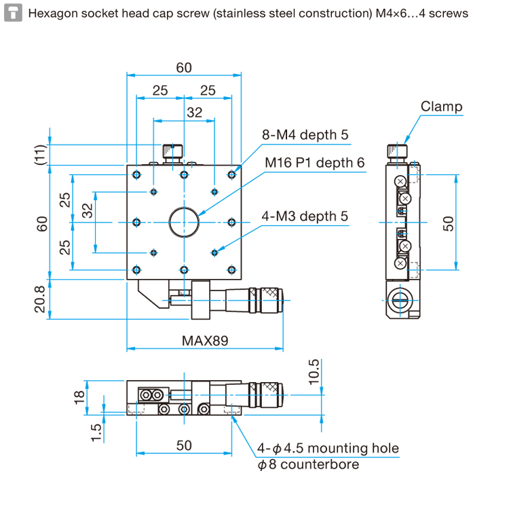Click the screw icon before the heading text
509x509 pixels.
(x=13, y=13)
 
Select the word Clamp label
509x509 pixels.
(x=442, y=107)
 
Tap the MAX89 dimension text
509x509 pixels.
(x=205, y=341)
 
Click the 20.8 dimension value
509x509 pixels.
(x=40, y=299)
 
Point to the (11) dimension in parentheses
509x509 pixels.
(x=41, y=155)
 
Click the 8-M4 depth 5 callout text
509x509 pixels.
(x=305, y=135)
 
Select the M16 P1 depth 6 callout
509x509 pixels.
(x=314, y=163)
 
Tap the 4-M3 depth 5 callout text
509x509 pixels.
(x=305, y=216)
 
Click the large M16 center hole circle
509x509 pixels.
(x=184, y=208)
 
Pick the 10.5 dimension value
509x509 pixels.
(x=314, y=372)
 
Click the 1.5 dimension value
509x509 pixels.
(x=96, y=433)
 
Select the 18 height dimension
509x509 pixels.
(x=79, y=397)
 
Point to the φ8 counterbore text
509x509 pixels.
(x=308, y=464)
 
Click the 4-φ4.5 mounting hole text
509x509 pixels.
(x=328, y=449)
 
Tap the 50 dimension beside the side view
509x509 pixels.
(x=449, y=224)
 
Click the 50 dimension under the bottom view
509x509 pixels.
(x=184, y=445)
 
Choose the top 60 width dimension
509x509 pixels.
(x=184, y=68)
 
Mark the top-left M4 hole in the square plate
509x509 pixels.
(x=136, y=175)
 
